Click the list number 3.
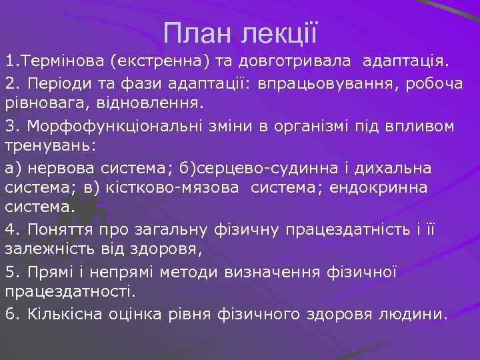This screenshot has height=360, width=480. pos(9,125)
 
